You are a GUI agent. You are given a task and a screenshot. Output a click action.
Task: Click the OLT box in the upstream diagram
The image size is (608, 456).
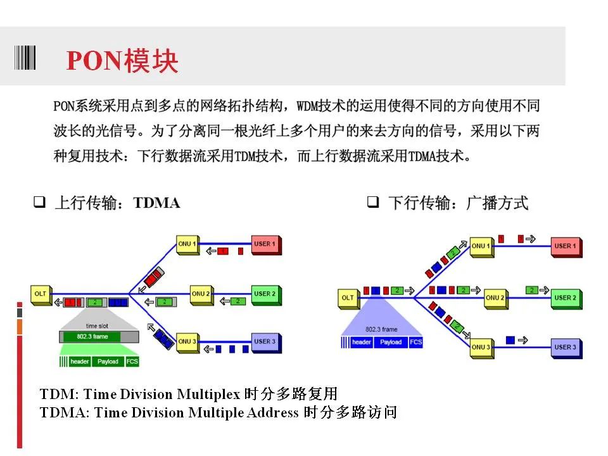point(41,295)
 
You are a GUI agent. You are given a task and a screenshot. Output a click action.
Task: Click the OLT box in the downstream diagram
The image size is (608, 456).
point(348,299)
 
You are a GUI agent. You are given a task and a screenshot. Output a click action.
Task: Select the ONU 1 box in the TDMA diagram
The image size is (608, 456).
point(188,245)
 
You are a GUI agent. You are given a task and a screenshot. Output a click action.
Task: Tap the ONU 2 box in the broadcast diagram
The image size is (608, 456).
point(496,299)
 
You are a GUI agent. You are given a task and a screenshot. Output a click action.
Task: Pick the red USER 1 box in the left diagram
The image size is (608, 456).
point(267,245)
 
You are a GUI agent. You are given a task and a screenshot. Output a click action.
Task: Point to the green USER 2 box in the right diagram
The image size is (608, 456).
point(566,299)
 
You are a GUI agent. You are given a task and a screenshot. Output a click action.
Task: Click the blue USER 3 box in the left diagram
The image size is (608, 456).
point(267,343)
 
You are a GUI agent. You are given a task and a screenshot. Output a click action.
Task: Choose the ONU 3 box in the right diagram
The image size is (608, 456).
point(482,348)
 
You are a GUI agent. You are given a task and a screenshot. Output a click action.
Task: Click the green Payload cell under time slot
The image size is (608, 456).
point(108,362)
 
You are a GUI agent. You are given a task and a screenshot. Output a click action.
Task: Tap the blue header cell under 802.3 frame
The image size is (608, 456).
point(362,342)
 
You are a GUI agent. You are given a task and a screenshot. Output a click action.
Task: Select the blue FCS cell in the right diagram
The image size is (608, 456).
point(415,342)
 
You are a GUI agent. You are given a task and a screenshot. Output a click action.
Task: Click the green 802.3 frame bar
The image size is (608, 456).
point(92,336)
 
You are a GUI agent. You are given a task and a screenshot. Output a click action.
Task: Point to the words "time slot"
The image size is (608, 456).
point(97,326)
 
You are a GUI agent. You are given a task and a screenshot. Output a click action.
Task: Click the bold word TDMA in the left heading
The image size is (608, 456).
point(156,203)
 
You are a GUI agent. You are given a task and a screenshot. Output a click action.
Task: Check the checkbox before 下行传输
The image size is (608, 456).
point(373,201)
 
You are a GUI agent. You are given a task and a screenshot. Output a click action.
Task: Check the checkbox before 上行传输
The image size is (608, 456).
point(39,201)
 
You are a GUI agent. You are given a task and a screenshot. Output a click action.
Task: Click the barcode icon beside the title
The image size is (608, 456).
point(25,58)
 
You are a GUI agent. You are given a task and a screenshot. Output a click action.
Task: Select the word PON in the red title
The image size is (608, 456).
point(94,61)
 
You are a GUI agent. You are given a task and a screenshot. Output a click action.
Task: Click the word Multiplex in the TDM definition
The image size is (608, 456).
point(208,395)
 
